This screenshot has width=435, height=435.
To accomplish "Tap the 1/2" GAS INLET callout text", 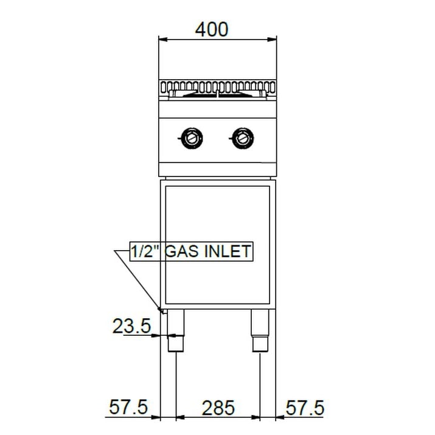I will point(191,251).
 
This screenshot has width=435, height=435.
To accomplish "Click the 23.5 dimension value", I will point(131,327).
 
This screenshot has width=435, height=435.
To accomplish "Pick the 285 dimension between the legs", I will point(218,408).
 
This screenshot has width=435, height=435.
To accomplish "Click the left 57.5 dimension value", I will point(129,408).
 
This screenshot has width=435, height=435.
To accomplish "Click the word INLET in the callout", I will point(229,251).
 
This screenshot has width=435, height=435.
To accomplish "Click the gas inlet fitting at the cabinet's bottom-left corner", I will point(162,311).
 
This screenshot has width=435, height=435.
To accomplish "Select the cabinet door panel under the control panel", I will point(218,243).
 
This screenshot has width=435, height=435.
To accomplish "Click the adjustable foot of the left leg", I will point(176,343).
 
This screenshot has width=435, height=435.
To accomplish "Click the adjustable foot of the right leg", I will point(260,343).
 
